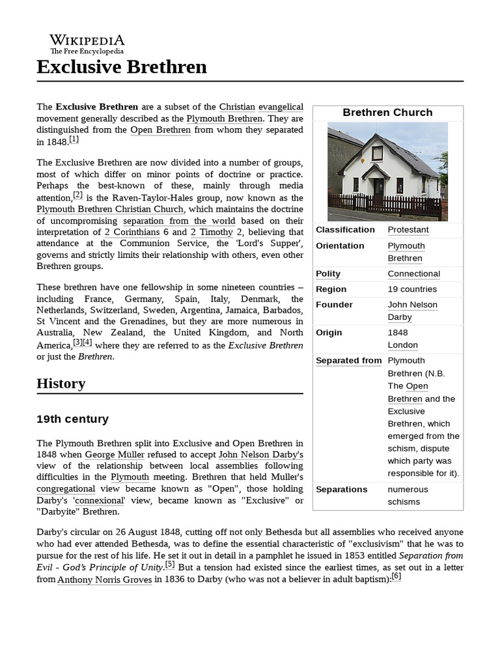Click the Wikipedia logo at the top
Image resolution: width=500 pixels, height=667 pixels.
(x=87, y=44)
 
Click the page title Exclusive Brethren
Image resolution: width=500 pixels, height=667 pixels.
(x=122, y=66)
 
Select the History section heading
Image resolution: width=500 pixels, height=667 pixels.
(x=61, y=383)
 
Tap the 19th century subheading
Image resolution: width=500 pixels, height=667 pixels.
(x=72, y=419)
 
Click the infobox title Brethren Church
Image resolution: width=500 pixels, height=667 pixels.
(x=387, y=113)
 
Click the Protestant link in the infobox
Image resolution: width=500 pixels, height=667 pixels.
(x=408, y=230)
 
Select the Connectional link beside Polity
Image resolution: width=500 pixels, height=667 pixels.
(x=413, y=274)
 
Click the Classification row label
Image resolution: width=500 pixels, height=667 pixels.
(x=345, y=230)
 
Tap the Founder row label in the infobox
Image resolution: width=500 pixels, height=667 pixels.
(x=334, y=305)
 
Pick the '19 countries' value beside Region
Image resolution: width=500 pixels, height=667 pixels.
(x=412, y=289)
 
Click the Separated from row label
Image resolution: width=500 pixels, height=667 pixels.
(x=348, y=361)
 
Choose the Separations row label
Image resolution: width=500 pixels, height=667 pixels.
(x=341, y=489)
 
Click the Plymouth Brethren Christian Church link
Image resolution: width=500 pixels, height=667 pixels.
(x=110, y=209)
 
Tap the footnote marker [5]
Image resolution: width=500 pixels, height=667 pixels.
(x=170, y=564)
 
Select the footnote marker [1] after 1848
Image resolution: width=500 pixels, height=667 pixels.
(x=74, y=139)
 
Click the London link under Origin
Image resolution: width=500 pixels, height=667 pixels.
(x=402, y=345)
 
